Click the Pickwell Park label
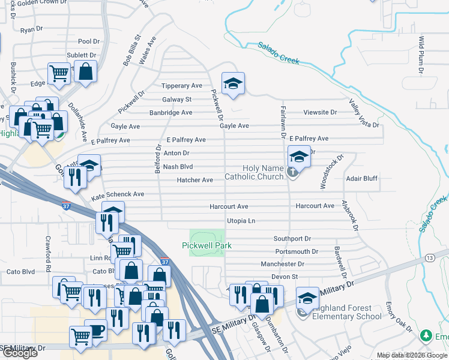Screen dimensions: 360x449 (207, 245)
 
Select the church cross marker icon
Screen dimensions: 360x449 (292, 173)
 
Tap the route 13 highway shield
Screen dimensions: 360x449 (429, 257)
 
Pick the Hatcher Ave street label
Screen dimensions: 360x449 (194, 180)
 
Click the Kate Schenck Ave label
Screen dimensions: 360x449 (118, 195)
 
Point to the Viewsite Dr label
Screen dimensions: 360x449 (320, 112)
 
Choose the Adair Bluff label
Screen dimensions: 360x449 (361, 179)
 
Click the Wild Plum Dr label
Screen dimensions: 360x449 (421, 55)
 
